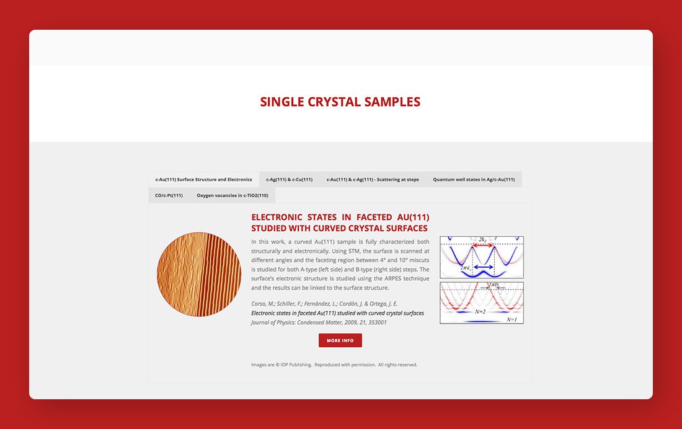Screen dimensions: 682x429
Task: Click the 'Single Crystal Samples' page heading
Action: coord(340,102)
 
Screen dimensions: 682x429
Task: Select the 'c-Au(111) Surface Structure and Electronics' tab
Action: coord(203,179)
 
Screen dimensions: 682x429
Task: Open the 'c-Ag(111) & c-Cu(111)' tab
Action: coord(290,179)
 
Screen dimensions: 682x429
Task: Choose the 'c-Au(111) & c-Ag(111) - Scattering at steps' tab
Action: coord(373,179)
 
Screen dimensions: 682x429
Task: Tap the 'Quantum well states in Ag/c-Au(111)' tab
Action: coord(474,179)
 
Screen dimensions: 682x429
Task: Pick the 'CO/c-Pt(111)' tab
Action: coord(169,195)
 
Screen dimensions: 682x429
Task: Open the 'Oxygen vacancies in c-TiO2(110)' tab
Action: coord(232,195)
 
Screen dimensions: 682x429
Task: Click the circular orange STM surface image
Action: coord(199,274)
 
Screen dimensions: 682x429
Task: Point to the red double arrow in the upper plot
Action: coord(483,245)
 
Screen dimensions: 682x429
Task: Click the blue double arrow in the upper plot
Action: coord(483,267)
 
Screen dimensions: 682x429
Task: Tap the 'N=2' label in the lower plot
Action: coord(480,312)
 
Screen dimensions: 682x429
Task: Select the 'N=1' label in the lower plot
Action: coord(511,319)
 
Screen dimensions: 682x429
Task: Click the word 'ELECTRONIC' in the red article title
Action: coord(276,217)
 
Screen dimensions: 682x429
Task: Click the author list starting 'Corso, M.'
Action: coord(324,304)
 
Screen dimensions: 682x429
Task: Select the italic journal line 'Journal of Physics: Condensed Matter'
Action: coord(319,322)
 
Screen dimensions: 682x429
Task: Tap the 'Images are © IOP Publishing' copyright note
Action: coord(334,365)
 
